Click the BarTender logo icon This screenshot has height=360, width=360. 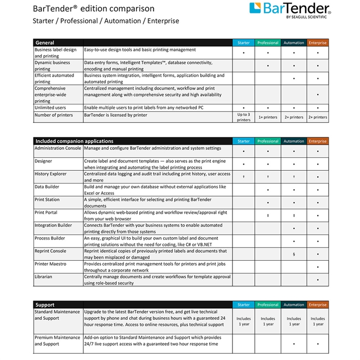tap(257, 9)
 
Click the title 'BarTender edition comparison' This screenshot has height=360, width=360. tap(93, 9)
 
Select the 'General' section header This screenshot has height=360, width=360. tap(45, 43)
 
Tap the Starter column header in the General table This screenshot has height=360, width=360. tap(243, 43)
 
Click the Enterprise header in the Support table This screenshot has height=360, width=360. tap(317, 305)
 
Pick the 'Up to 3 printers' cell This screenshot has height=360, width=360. tap(243, 117)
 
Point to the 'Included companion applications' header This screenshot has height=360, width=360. tap(74, 141)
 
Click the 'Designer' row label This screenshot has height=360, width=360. tap(43, 161)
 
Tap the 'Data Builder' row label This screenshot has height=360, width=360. tap(47, 187)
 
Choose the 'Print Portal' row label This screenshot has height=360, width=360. tap(46, 212)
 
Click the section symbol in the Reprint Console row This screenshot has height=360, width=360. tap(293, 254)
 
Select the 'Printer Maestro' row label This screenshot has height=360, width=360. tap(50, 264)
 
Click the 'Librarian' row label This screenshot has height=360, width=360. tap(43, 277)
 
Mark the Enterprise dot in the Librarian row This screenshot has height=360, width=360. tap(318, 280)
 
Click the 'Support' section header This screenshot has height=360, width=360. tap(45, 305)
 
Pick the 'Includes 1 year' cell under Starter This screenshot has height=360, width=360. tap(243, 321)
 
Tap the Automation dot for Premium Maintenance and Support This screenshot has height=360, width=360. tap(293, 344)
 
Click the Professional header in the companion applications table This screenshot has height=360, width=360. tap(268, 141)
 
